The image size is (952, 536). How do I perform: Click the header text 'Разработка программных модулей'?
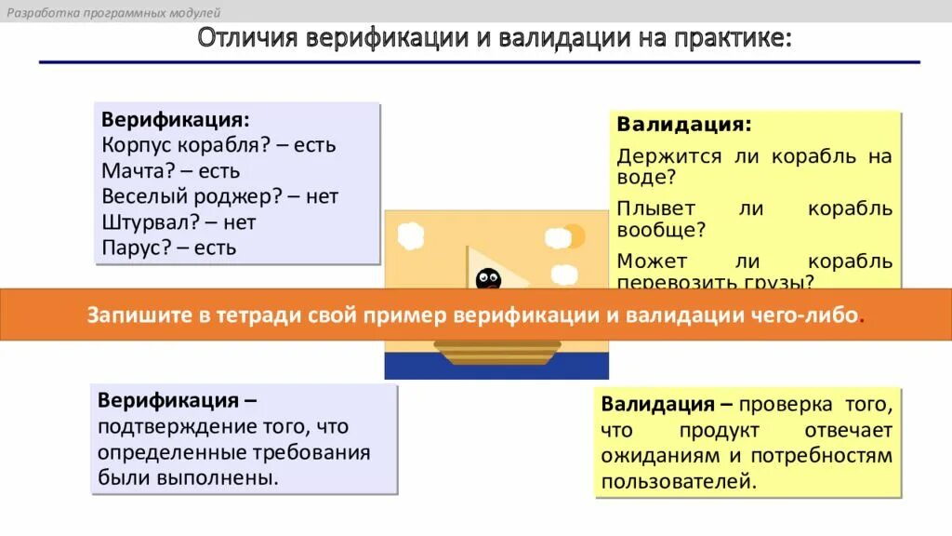pos(112,12)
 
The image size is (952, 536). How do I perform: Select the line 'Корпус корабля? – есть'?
pos(218,146)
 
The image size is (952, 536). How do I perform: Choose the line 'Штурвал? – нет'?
pos(178,222)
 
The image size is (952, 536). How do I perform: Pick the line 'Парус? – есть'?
pos(169,248)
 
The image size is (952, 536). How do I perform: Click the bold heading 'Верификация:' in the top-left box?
pos(176,121)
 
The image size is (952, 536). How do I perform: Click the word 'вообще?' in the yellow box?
pos(661,229)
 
